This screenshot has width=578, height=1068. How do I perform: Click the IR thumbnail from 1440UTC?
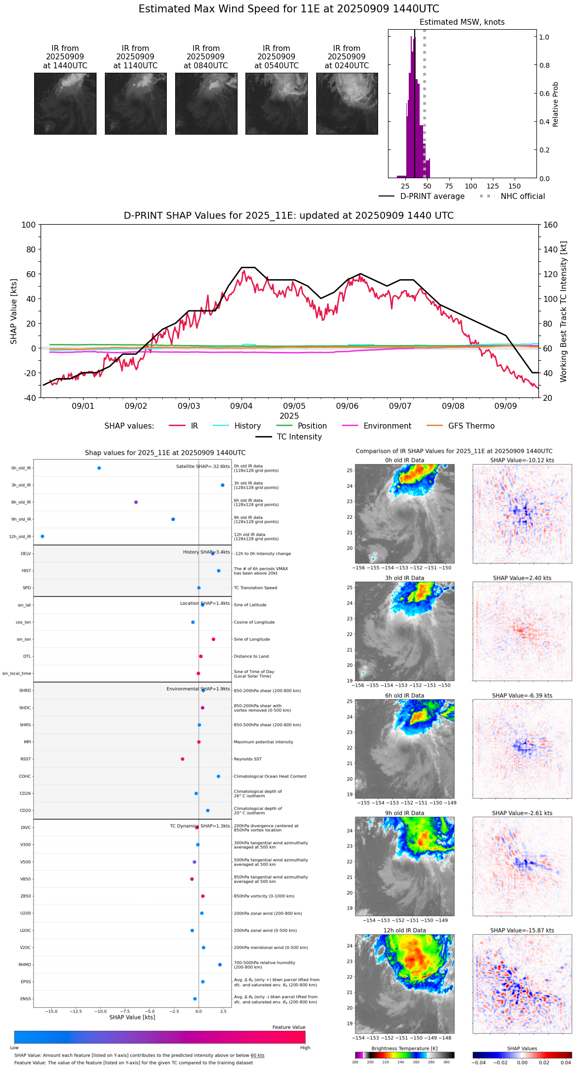(x=65, y=103)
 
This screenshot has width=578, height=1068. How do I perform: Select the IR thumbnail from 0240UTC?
(x=347, y=103)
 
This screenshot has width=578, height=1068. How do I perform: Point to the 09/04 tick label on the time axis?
(x=241, y=406)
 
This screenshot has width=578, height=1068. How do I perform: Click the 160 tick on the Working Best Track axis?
(x=550, y=225)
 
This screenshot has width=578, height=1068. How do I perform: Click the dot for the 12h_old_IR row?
(x=43, y=536)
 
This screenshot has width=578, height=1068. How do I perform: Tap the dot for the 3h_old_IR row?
(x=223, y=485)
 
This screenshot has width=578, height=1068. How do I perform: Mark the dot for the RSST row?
(x=183, y=759)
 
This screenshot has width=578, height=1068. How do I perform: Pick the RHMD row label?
(x=25, y=965)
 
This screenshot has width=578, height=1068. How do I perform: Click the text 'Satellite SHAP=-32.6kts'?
(x=203, y=466)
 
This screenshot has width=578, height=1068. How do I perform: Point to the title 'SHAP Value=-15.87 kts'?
(x=522, y=930)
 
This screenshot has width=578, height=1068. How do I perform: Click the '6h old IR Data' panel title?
(x=404, y=695)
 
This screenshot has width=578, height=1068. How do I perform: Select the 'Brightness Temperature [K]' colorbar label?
(x=404, y=1048)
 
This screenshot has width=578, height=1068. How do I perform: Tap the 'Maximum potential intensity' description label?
(x=263, y=742)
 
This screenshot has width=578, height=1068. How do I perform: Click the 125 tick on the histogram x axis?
(x=492, y=186)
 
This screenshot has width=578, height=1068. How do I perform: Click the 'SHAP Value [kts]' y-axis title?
(x=14, y=311)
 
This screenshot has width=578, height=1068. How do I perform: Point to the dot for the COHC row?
(x=218, y=776)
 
